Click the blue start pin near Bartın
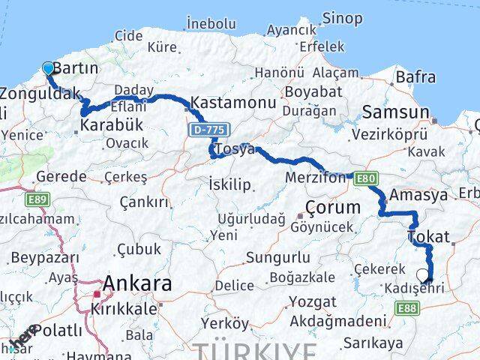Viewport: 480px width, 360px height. tap(49, 69)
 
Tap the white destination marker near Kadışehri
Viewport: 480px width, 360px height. tap(422, 274)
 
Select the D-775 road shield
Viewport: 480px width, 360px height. tap(207, 130)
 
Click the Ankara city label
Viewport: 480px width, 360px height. tap(136, 283)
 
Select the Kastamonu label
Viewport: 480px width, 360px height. tap(228, 101)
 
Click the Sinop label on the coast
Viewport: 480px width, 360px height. tap(342, 18)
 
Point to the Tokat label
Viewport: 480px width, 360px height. tap(429, 238)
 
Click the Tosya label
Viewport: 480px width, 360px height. tap(235, 150)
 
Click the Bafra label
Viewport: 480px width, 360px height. tap(415, 76)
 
